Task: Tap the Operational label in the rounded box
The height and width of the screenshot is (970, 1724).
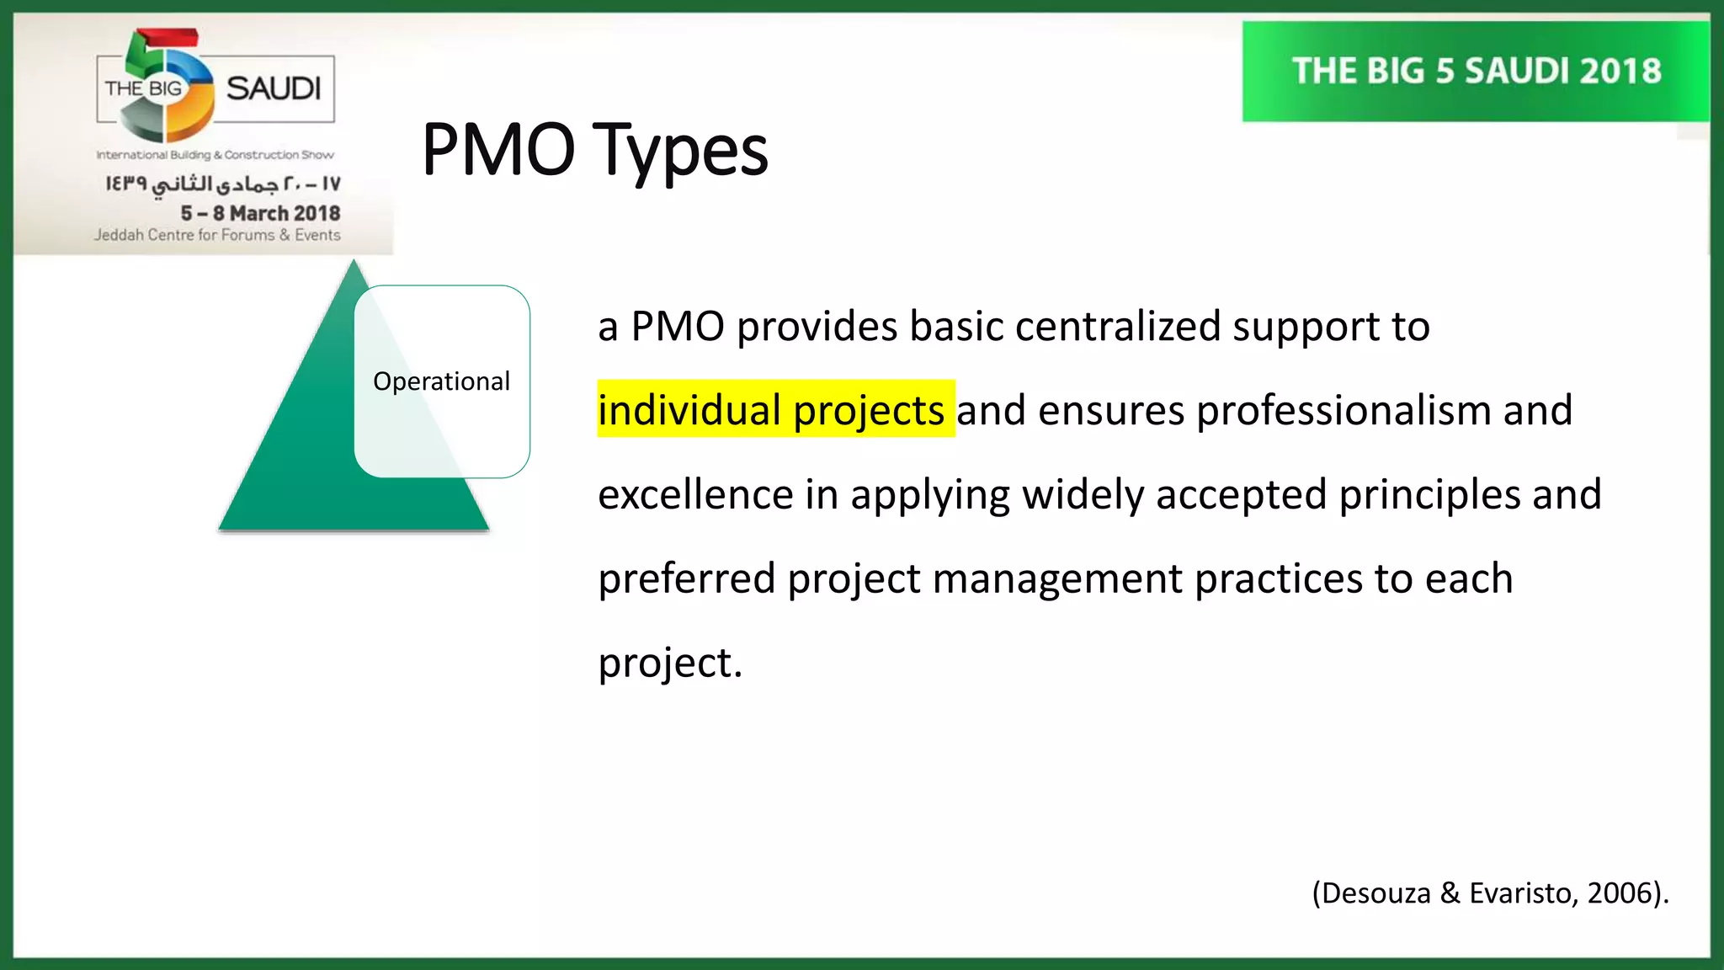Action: coord(441,381)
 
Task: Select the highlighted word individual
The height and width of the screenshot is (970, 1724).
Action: coord(689,410)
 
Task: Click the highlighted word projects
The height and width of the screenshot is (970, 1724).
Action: coord(869,411)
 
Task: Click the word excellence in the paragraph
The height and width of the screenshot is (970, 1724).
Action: coord(695,494)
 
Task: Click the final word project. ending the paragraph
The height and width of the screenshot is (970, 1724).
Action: coord(670,663)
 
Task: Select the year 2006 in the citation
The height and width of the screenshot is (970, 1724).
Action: coord(1620,893)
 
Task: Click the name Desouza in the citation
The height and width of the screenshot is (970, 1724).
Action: coord(1376,893)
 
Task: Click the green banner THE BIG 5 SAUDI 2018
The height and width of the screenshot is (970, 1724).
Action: coord(1477,72)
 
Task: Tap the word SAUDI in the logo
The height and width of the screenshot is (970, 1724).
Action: coord(274,88)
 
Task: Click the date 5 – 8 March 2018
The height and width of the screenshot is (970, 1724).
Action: coord(260,213)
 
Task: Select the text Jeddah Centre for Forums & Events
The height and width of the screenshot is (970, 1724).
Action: coord(217,235)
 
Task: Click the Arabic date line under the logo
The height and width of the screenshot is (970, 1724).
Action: coord(223,184)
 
